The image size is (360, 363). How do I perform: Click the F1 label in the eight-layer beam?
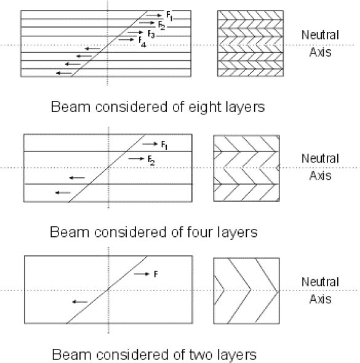169,16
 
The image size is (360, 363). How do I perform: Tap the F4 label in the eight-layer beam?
142,42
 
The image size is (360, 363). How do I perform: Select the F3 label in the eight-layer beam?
151,34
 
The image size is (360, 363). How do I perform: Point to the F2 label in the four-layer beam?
151,161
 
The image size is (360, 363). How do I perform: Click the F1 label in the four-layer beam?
164,145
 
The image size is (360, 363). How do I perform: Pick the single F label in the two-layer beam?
156,274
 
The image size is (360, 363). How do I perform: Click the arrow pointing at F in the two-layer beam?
142,274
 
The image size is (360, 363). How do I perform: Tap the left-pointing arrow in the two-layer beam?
80,302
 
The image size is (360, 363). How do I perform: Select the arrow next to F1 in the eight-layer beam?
154,15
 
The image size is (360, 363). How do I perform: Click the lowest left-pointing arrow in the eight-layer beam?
64,73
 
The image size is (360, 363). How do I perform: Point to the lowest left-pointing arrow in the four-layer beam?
63,193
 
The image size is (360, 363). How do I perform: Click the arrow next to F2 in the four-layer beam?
136,159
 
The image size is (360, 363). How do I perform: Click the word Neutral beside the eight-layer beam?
320,35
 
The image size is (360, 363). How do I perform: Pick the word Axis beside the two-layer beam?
321,299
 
